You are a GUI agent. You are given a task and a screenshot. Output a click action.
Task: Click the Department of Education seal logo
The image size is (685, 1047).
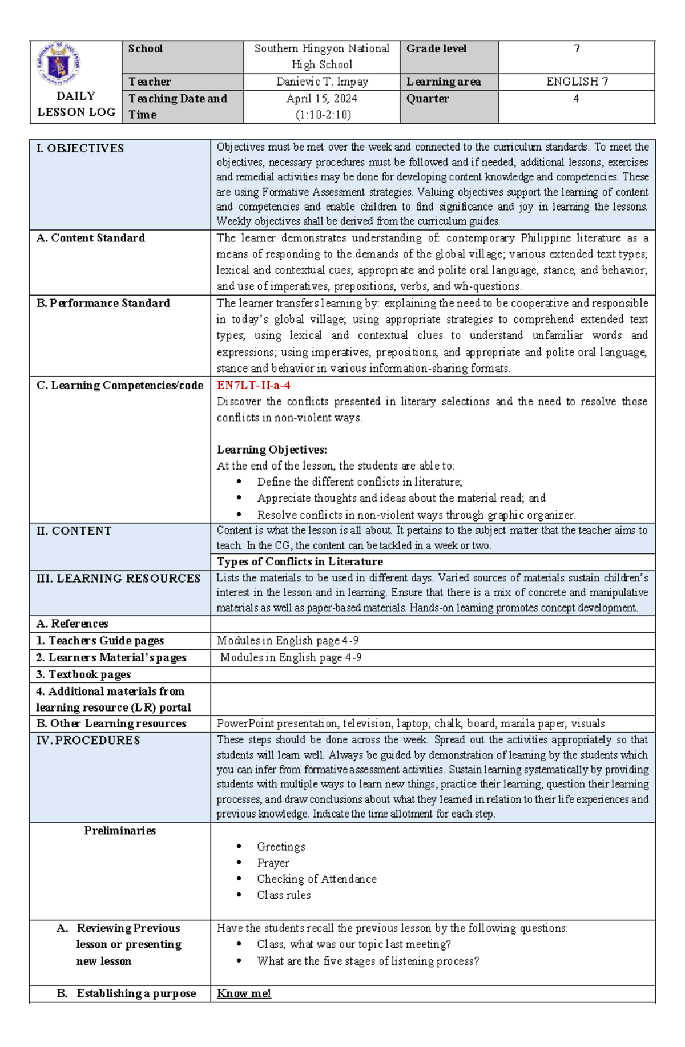(x=59, y=63)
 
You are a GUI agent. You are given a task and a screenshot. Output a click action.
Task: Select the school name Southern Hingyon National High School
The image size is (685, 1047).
(x=321, y=56)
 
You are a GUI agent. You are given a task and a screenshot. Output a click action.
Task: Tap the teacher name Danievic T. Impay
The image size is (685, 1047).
(x=322, y=82)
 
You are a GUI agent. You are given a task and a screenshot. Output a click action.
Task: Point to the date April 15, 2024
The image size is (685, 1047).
(x=322, y=98)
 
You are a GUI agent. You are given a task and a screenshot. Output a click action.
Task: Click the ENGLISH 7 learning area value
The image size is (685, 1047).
(x=577, y=82)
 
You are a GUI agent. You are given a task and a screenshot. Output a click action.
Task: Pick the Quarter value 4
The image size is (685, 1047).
(x=576, y=98)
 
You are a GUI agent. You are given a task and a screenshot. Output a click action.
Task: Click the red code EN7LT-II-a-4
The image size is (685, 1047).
(x=253, y=385)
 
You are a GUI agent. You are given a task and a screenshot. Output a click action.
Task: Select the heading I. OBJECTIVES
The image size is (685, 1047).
(x=80, y=148)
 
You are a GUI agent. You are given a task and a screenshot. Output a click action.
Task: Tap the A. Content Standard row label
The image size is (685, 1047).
(x=90, y=238)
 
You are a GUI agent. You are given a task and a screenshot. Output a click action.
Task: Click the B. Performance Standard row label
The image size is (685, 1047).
(x=103, y=303)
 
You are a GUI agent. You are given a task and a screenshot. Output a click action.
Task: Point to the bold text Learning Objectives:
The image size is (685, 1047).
(x=272, y=450)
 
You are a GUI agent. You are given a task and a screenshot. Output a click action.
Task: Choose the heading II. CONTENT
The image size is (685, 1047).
(x=74, y=531)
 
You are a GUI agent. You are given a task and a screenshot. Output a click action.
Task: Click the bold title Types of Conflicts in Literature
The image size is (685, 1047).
(x=300, y=561)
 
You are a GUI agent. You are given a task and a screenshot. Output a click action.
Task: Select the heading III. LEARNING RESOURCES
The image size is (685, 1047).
(x=118, y=578)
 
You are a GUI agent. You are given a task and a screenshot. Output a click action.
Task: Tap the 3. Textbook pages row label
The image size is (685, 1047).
(x=83, y=674)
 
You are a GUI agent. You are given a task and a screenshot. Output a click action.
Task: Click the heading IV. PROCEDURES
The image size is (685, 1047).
(x=88, y=740)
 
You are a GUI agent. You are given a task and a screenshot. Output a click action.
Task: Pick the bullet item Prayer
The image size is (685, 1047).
(x=273, y=863)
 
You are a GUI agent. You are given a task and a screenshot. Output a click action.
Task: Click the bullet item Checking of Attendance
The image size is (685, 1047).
(x=316, y=879)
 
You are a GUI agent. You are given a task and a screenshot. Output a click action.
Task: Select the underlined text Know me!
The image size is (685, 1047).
(x=244, y=993)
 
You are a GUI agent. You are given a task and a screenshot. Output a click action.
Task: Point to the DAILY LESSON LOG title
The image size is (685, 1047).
(x=76, y=104)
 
